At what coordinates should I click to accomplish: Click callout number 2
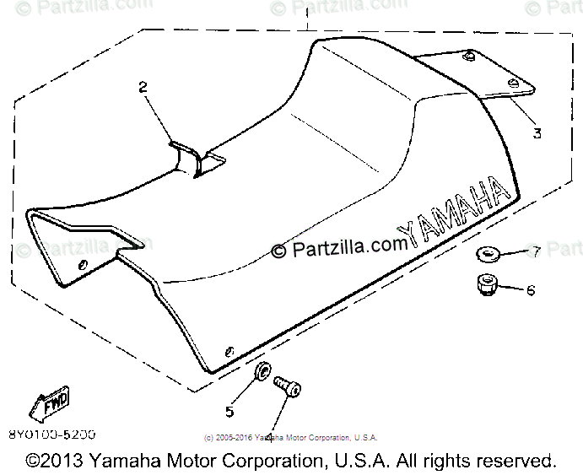coord(143,86)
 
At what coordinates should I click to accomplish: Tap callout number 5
coord(228,411)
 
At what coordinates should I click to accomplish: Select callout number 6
coord(531,290)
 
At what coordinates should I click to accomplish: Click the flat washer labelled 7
coord(488,253)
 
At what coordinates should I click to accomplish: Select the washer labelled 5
coord(262,372)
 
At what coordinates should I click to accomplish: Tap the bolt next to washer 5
coord(287,388)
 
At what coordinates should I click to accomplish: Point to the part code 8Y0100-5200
coord(51,434)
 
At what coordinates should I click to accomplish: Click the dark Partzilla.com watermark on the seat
coord(338,248)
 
